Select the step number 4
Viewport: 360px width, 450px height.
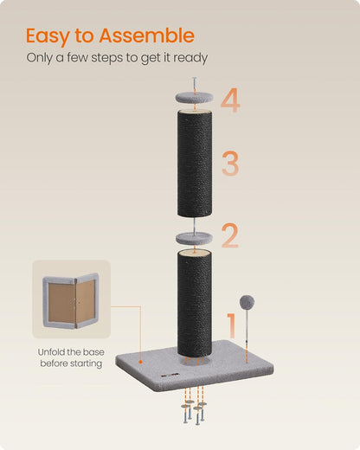[x=229, y=100]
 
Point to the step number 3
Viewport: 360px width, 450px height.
[x=229, y=163]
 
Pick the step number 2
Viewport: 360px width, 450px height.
[x=228, y=235]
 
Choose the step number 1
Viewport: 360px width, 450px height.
[x=229, y=327]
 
